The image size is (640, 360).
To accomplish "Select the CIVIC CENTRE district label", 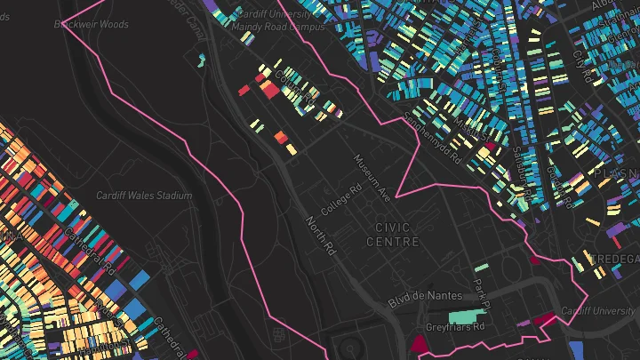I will (x=387, y=236).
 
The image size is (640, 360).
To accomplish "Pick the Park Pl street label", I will (x=481, y=293).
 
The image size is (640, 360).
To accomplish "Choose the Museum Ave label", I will (x=372, y=176).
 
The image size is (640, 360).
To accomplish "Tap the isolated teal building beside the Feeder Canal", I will (x=202, y=60).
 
